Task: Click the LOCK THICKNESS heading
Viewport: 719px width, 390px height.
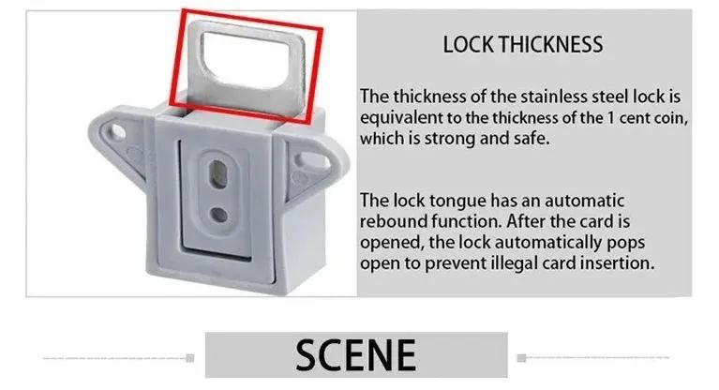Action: (523, 44)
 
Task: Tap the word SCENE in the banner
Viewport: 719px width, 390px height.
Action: (356, 355)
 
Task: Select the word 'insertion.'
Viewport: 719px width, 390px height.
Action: (617, 263)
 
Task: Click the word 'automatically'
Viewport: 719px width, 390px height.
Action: (549, 243)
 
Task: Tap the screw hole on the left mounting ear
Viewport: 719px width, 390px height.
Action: (116, 132)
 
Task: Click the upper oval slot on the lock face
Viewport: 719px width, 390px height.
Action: (217, 174)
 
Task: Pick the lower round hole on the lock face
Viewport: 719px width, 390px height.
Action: (218, 215)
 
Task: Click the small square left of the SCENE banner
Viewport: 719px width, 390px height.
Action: (190, 358)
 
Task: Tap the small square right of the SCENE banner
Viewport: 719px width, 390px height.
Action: (521, 358)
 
